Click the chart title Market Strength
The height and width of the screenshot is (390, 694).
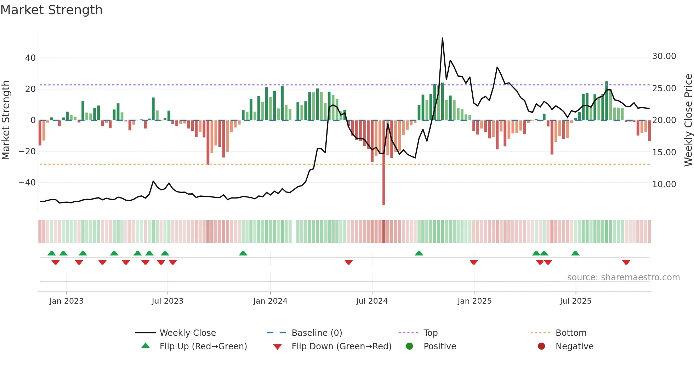(52, 10)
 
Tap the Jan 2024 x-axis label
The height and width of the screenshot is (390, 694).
(270, 301)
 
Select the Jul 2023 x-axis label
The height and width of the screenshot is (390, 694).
(167, 301)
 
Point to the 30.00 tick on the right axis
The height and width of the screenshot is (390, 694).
(664, 56)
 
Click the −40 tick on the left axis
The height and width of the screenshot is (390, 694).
(27, 183)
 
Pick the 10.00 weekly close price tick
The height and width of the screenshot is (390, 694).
(664, 184)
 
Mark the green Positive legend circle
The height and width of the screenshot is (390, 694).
(410, 346)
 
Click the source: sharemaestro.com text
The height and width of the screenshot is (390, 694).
(623, 277)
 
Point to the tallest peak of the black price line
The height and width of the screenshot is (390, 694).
(442, 38)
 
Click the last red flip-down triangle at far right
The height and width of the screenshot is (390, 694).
(626, 262)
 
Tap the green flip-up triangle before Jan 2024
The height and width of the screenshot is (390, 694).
(243, 253)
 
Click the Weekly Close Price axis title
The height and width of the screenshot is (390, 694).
(688, 120)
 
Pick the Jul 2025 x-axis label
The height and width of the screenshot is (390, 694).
(575, 301)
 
